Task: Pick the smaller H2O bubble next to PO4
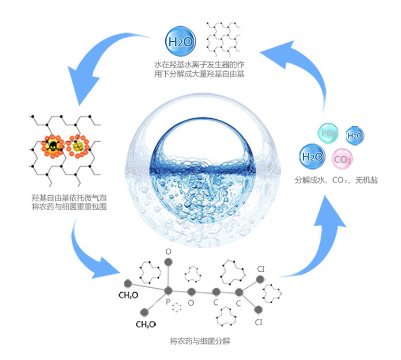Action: [355, 136]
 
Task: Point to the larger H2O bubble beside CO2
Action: [312, 157]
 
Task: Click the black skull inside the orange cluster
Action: [53, 145]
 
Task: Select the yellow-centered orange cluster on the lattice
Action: [79, 144]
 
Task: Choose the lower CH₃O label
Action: [145, 324]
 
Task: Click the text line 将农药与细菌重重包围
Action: [69, 206]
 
